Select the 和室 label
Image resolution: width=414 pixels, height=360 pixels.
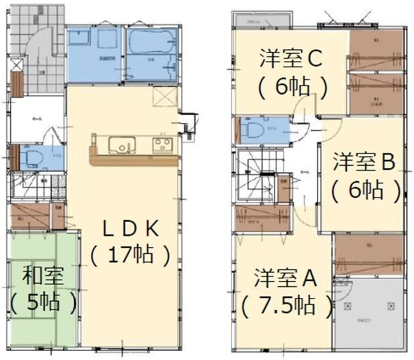pyautogui.click(x=42, y=276)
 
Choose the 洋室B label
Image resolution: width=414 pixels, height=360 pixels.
pyautogui.click(x=364, y=163)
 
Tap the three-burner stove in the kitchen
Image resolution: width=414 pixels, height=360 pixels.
pyautogui.click(x=161, y=143)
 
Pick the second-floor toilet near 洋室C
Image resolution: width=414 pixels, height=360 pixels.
pyautogui.click(x=254, y=129)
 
